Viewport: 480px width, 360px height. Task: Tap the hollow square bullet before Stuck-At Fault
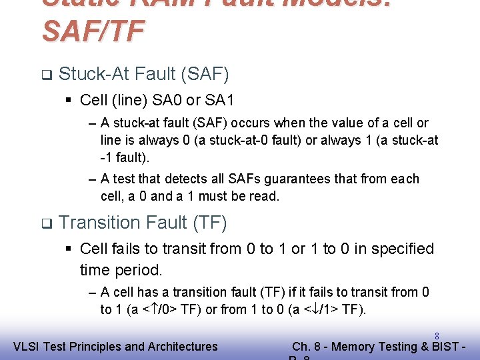(x=45, y=75)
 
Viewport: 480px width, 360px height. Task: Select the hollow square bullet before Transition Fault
(x=45, y=223)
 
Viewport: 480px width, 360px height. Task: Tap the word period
(x=141, y=270)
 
